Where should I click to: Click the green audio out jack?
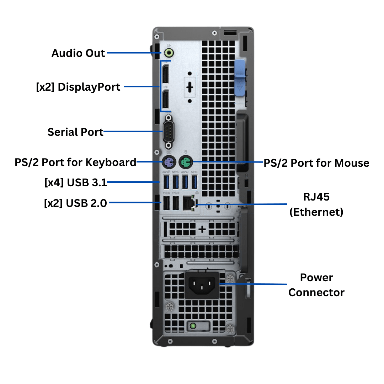pyautogui.click(x=169, y=53)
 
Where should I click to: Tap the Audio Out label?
pyautogui.click(x=78, y=53)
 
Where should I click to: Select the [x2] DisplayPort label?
pyautogui.click(x=78, y=87)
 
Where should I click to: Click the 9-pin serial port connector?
pyautogui.click(x=169, y=132)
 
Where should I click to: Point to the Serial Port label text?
pyautogui.click(x=75, y=132)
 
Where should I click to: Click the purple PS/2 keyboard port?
pyautogui.click(x=169, y=163)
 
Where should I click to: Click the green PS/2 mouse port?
pyautogui.click(x=185, y=163)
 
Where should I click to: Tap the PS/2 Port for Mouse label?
pyautogui.click(x=316, y=163)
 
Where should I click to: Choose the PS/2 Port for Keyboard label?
pyautogui.click(x=75, y=162)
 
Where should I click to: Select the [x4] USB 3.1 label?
pyautogui.click(x=75, y=183)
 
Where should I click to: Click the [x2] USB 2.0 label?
pyautogui.click(x=75, y=203)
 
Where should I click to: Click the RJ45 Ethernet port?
pyautogui.click(x=187, y=204)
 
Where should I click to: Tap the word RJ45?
pyautogui.click(x=316, y=197)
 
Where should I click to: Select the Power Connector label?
pyautogui.click(x=316, y=285)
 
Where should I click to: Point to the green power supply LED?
pyautogui.click(x=193, y=326)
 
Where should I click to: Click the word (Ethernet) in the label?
pyautogui.click(x=316, y=212)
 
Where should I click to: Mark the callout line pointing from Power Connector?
pyautogui.click(x=252, y=284)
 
